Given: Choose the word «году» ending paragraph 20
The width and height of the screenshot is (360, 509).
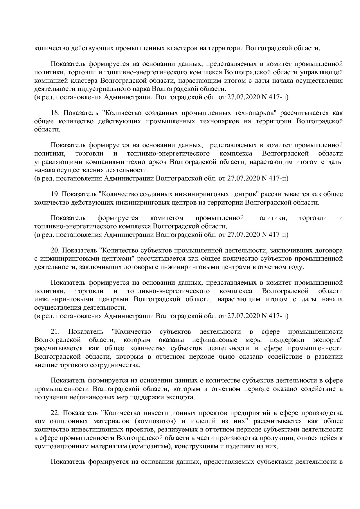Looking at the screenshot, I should (x=296, y=267).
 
